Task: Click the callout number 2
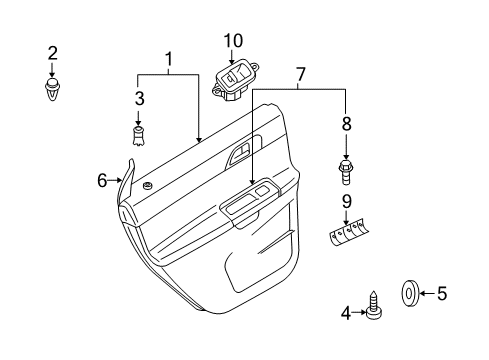(x=53, y=53)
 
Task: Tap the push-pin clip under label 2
(x=51, y=89)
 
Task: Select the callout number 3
(x=140, y=98)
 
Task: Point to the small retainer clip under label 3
(x=138, y=136)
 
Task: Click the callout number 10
(x=233, y=41)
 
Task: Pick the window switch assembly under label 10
(x=235, y=81)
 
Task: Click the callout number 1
(x=169, y=59)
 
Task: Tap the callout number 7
(x=300, y=74)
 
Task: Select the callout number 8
(x=347, y=123)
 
